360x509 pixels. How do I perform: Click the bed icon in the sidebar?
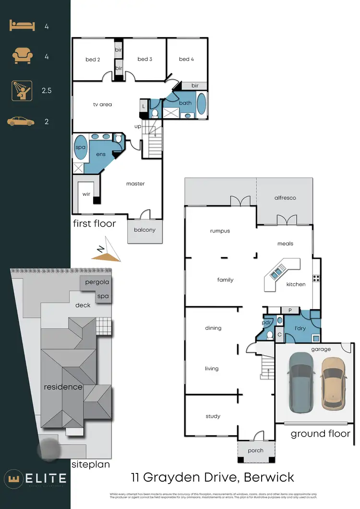tap(22, 26)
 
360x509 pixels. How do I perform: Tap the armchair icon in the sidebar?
tap(22, 56)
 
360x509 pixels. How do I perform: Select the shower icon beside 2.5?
tap(22, 90)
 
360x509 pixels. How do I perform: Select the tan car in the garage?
tap(333, 382)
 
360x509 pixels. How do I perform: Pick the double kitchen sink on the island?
tap(277, 274)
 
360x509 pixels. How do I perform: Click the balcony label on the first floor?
tap(144, 230)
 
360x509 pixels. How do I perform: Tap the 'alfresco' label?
tap(285, 197)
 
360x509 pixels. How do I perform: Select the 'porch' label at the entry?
tap(256, 450)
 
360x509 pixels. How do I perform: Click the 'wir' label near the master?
tap(86, 194)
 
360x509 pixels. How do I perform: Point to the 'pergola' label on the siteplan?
tap(97, 282)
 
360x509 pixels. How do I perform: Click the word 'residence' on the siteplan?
tap(63, 387)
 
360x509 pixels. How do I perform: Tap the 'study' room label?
tap(213, 416)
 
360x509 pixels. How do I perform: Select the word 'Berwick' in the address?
tap(269, 478)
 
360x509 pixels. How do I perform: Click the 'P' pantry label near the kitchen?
tap(290, 310)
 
